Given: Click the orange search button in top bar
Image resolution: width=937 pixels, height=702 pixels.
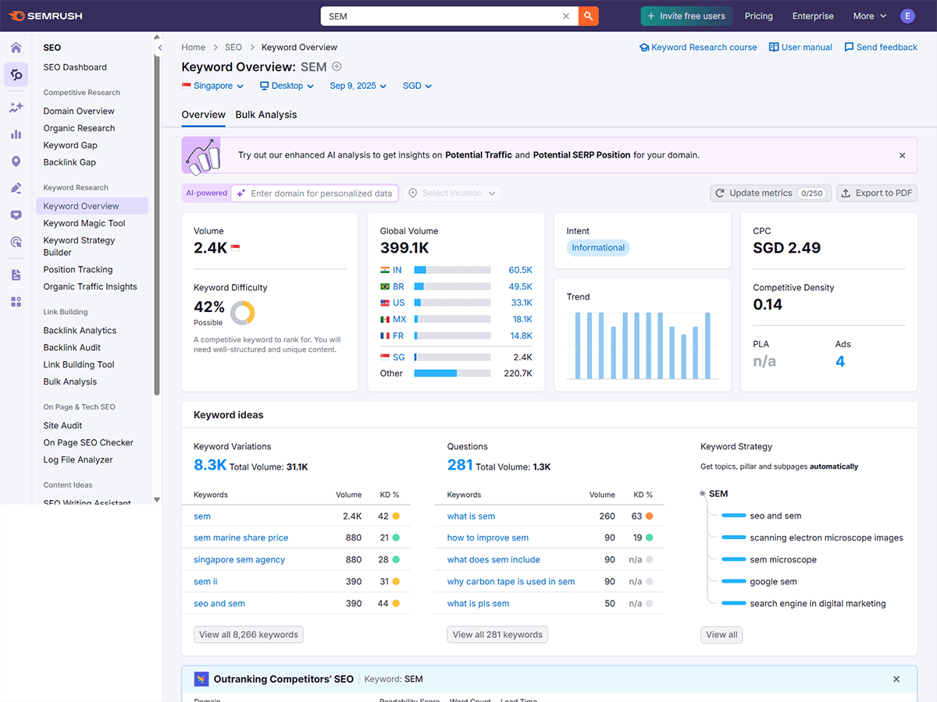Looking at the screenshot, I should [588, 16].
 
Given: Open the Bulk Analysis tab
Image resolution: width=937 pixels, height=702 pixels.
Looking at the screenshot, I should [266, 115].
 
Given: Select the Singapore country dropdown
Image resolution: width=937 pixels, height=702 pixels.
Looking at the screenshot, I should [213, 86].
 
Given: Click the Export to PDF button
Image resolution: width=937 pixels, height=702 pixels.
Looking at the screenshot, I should [876, 193].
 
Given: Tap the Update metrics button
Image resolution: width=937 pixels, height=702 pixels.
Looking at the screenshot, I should [768, 193].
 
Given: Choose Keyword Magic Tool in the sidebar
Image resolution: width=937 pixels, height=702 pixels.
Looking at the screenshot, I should [84, 223].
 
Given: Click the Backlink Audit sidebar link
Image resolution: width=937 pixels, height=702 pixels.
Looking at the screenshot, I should [72, 348].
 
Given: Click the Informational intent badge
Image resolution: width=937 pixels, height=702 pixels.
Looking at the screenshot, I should [598, 248].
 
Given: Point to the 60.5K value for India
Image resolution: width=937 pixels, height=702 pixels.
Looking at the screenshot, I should [520, 270].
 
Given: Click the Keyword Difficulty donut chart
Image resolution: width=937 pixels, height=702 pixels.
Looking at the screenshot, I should [243, 313].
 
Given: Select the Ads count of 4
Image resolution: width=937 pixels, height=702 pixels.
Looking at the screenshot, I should [840, 361].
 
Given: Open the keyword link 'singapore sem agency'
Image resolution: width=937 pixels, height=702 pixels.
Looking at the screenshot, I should [239, 560].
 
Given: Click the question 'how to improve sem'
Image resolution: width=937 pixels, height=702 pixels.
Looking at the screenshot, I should [487, 538].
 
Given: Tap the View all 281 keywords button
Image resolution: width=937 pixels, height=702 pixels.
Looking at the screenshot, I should [497, 634].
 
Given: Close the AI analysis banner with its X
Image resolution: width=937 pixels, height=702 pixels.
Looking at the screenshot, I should [902, 155].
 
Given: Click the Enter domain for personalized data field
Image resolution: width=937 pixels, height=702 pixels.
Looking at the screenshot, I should [321, 193].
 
